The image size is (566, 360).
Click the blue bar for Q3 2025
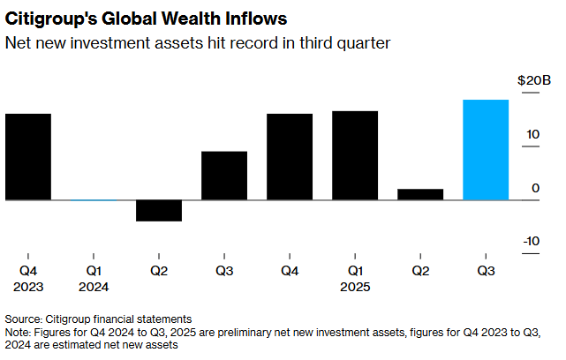pyautogui.click(x=486, y=150)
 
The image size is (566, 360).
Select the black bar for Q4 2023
pyautogui.click(x=28, y=157)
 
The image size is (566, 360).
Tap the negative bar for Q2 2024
pyautogui.click(x=159, y=210)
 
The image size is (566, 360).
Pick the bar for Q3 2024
pyautogui.click(x=224, y=176)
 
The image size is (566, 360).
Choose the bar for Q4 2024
pyautogui.click(x=290, y=157)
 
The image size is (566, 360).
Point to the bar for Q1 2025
pyautogui.click(x=355, y=155)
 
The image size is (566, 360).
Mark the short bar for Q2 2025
pyautogui.click(x=420, y=194)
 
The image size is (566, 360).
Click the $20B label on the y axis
pyautogui.click(x=533, y=80)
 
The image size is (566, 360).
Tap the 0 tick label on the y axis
pyautogui.click(x=534, y=188)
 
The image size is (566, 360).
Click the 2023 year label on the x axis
pyautogui.click(x=28, y=287)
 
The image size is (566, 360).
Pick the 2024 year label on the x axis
pyautogui.click(x=94, y=287)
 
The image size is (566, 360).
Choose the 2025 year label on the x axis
pyautogui.click(x=355, y=287)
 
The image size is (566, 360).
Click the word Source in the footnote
pyautogui.click(x=24, y=318)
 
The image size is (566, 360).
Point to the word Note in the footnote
pyautogui.click(x=19, y=332)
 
